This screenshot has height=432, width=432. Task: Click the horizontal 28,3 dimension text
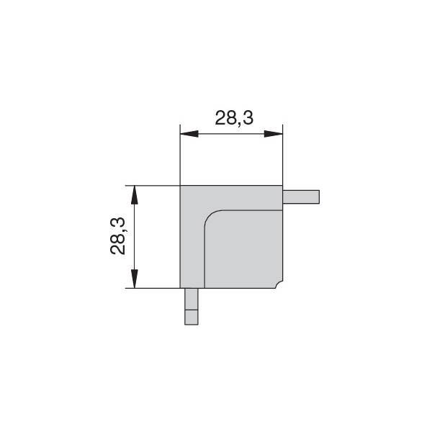(x=234, y=118)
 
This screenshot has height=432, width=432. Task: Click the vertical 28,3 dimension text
(x=117, y=236)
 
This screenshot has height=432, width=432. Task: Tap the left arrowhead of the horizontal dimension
(x=189, y=134)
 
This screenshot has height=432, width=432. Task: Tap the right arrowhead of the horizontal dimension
(x=274, y=134)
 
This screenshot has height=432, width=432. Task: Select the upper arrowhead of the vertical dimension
(x=134, y=195)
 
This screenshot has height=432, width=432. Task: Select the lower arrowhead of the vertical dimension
(x=134, y=279)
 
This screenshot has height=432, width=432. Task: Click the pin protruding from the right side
(x=301, y=197)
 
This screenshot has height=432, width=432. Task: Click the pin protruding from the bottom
(x=192, y=307)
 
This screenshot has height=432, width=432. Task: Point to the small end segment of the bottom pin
(x=192, y=318)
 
